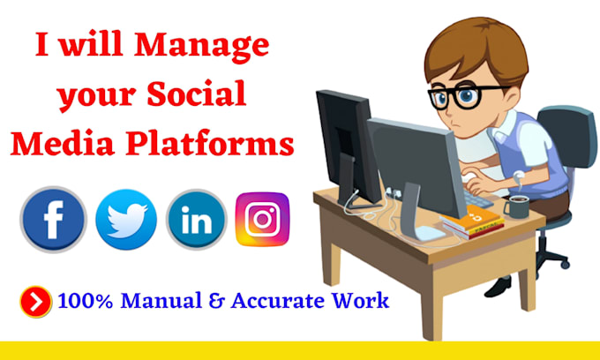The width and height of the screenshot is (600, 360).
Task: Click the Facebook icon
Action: [54, 220]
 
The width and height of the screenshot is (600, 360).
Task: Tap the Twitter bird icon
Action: [126, 220]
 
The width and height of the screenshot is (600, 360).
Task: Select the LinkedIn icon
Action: [197, 220]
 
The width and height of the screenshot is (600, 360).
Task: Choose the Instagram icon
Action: [263, 219]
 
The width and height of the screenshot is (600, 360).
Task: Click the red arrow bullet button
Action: [36, 302]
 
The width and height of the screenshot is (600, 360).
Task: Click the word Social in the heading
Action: [196, 94]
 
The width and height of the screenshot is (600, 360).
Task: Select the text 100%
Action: [86, 301]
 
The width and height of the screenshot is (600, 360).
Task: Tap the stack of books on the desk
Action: [472, 223]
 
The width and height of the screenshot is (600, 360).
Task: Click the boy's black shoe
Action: [499, 287]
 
